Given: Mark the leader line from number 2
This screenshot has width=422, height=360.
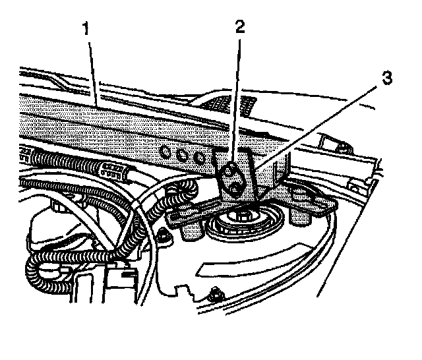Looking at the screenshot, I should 235,99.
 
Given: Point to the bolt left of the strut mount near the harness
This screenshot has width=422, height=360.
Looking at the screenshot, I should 161,236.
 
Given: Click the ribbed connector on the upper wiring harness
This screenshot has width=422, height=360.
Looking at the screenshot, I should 116,173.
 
